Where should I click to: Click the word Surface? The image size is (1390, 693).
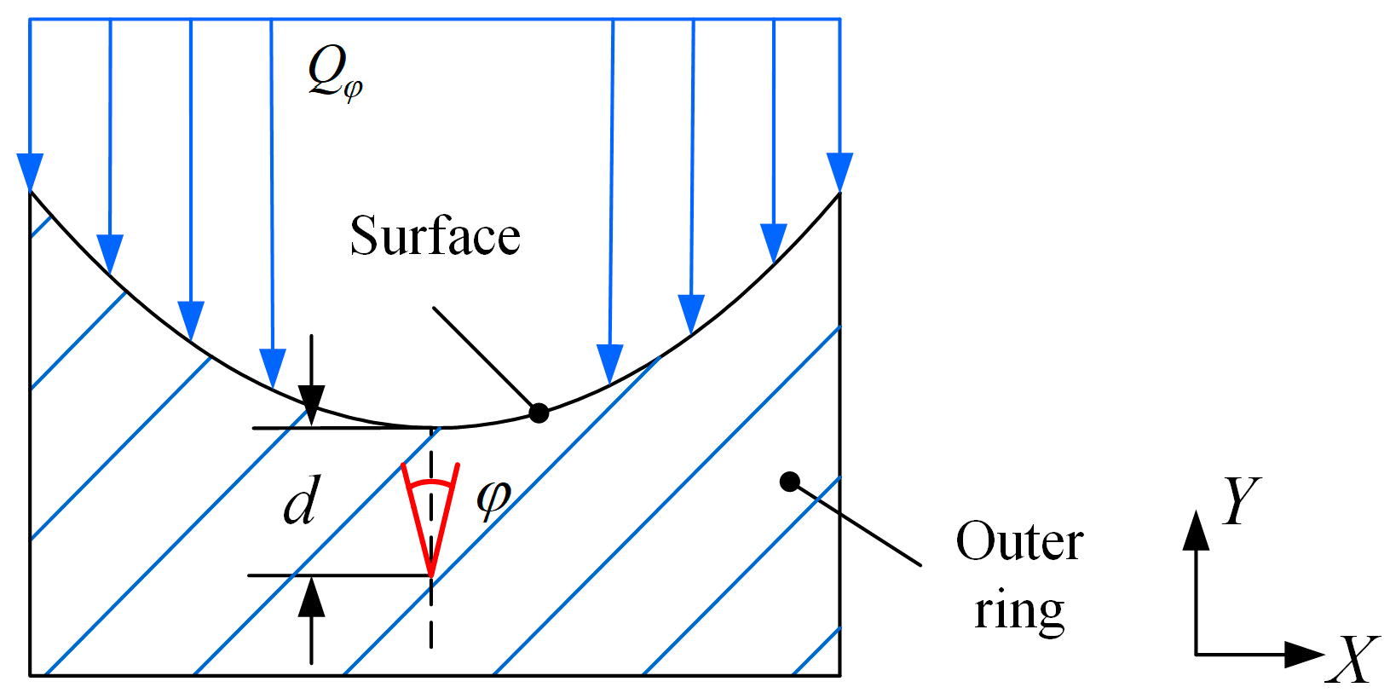435,236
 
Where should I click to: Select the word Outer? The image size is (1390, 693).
1018,541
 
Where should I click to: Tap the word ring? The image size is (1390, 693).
1019,611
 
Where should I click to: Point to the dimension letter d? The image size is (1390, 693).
303,500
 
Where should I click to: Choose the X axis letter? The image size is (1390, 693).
1352,660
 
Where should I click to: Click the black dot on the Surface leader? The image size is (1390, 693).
539,413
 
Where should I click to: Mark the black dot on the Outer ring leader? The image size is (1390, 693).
790,482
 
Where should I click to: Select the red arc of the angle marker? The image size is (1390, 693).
430,483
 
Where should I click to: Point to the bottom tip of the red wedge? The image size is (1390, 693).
431,574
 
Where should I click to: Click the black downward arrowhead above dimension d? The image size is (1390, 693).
312,404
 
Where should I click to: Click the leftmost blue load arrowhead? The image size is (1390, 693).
30,173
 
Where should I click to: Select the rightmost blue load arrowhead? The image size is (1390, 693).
839,173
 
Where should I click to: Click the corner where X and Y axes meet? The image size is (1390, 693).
1197,655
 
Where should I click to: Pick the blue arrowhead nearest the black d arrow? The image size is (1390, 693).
272,368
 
